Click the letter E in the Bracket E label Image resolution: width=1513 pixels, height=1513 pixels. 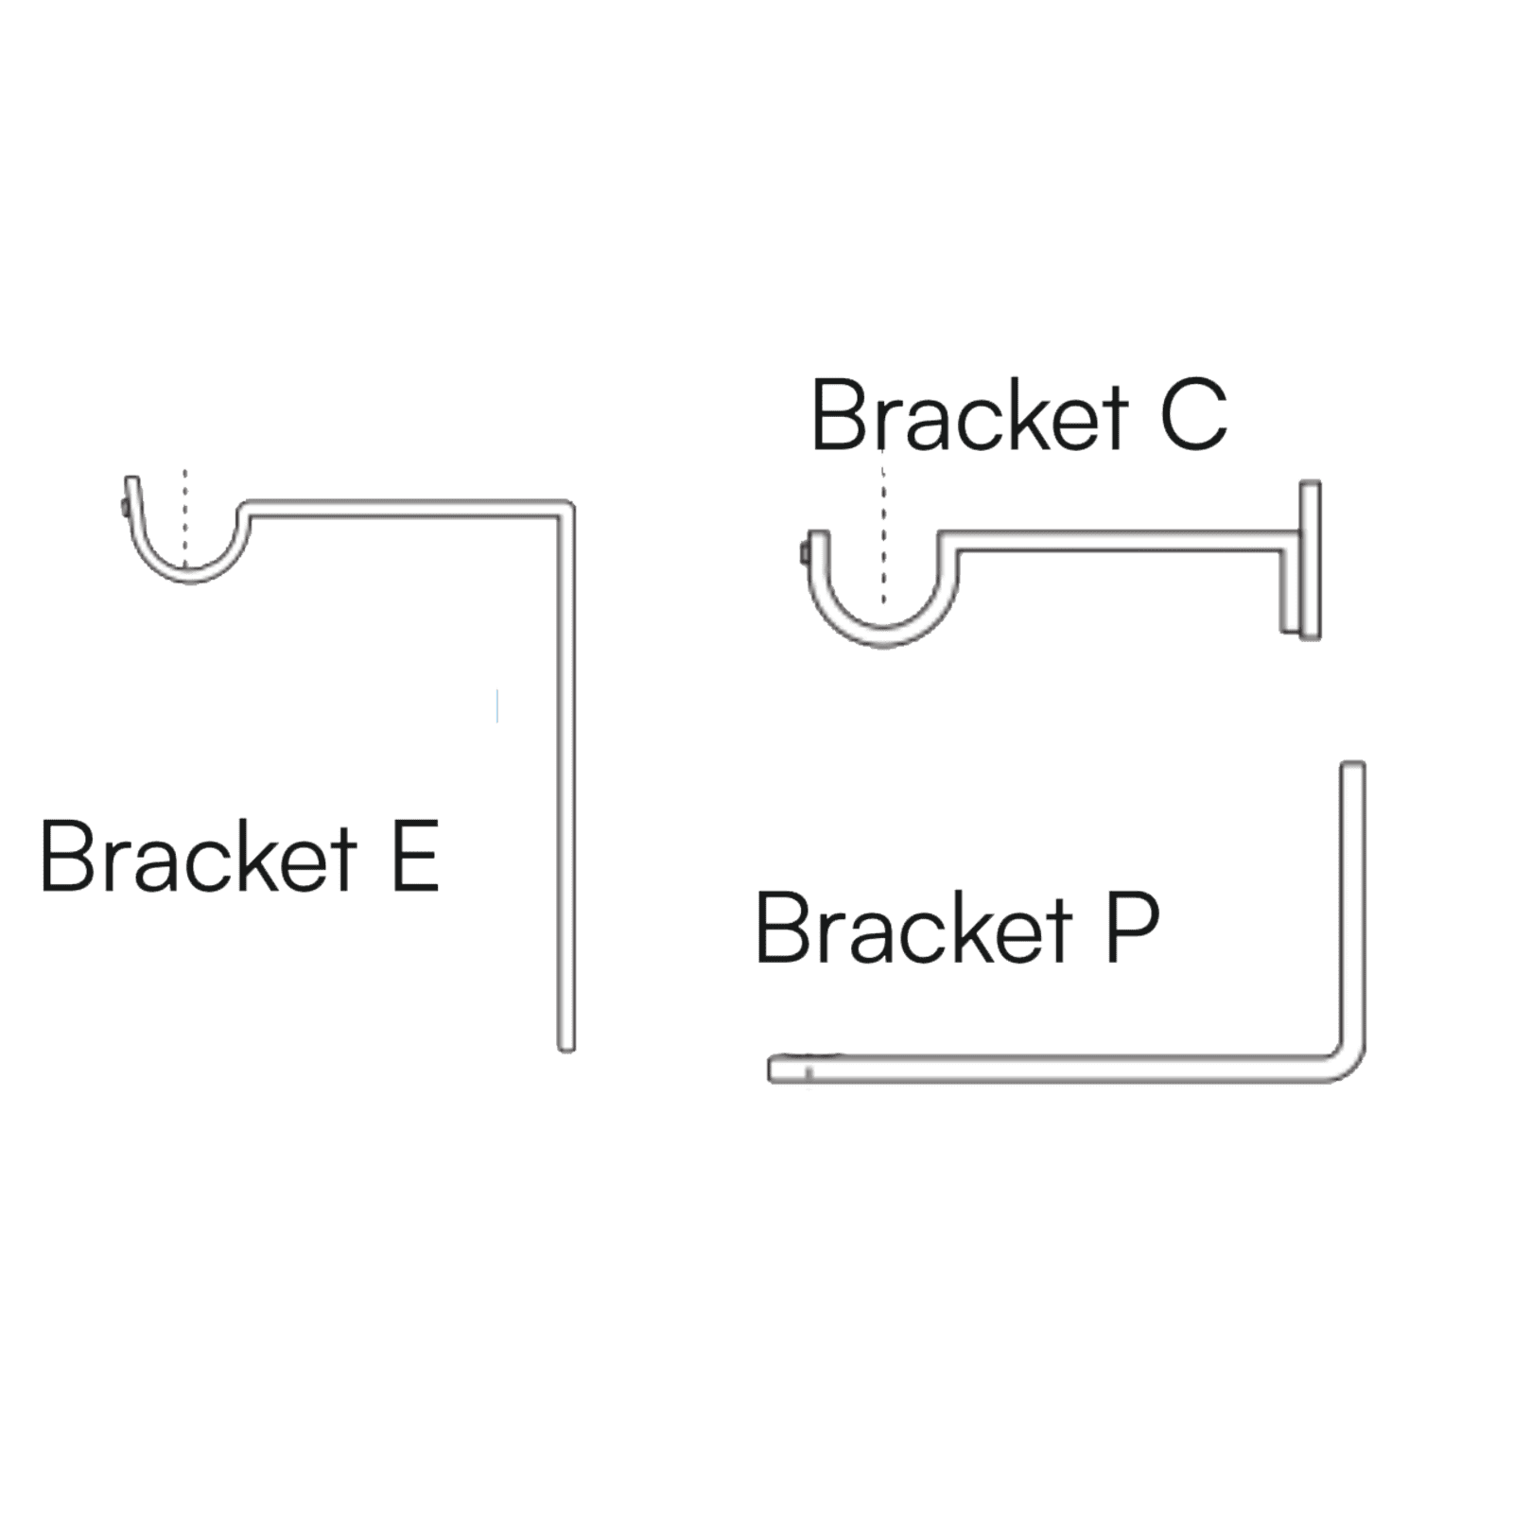(415, 858)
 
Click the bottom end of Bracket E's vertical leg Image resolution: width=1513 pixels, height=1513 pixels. (565, 1044)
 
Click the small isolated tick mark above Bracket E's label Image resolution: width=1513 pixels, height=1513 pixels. (496, 707)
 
